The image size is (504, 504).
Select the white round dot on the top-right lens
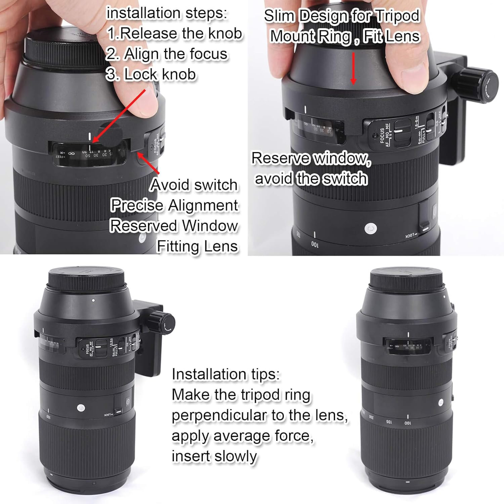371,229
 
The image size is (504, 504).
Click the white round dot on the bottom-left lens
81,408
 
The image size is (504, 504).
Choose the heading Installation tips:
225,374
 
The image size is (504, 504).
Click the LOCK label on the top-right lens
412,236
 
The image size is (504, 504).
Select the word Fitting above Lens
174,247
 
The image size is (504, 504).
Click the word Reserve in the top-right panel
281,158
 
